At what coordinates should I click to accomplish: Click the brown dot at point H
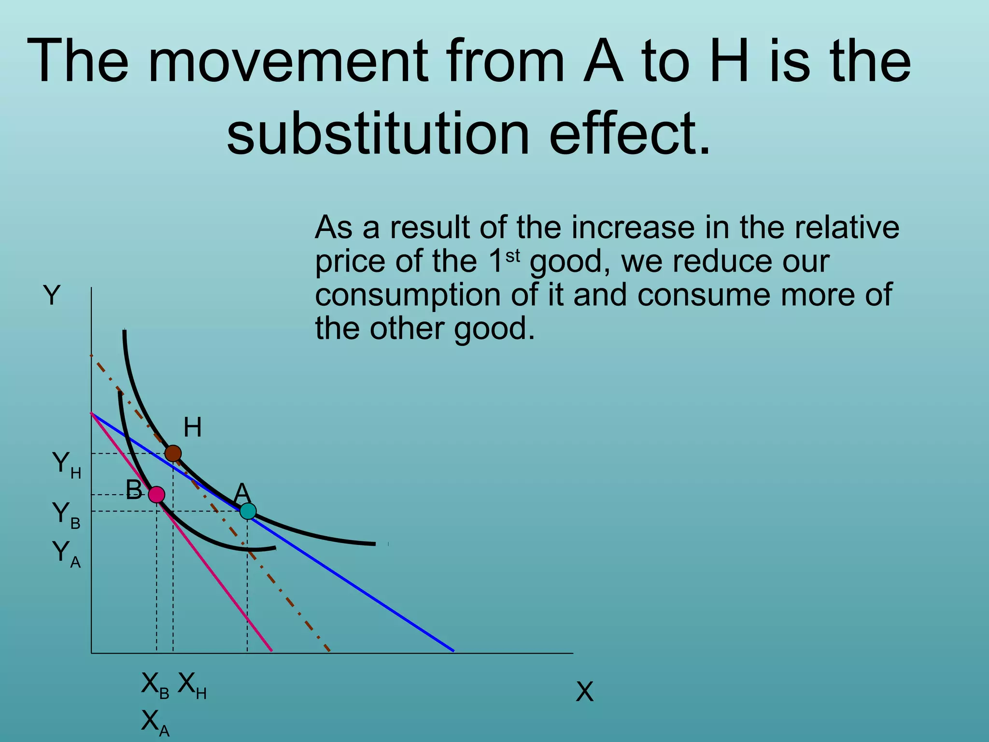[x=173, y=454]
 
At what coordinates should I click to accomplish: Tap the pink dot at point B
[x=156, y=495]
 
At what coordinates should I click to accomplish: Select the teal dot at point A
[x=248, y=511]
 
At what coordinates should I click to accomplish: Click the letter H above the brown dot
[x=192, y=428]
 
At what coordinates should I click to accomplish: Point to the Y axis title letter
[x=52, y=295]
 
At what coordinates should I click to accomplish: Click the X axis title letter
[x=584, y=692]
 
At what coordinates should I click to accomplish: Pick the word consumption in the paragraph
[x=408, y=295]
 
